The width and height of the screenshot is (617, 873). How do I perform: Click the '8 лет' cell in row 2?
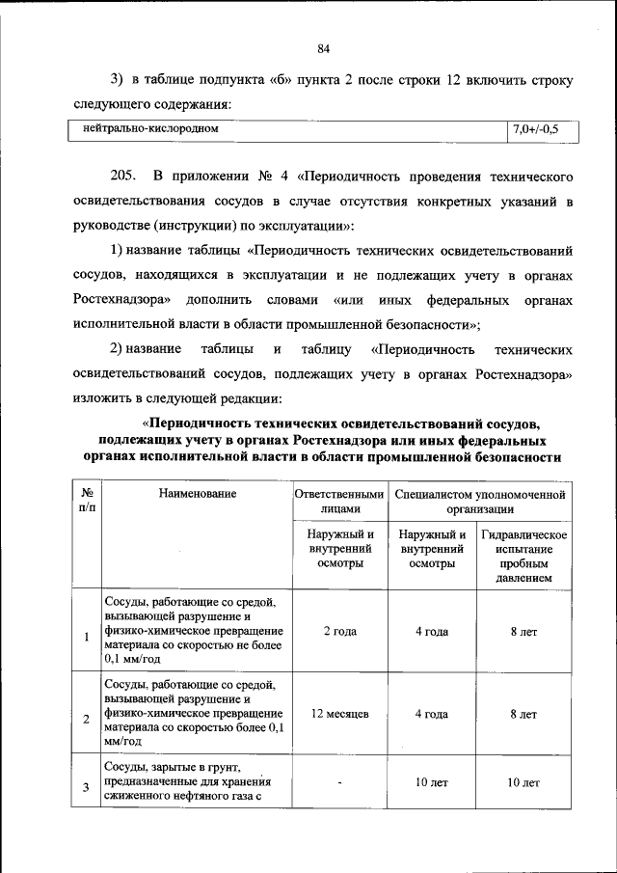(523, 715)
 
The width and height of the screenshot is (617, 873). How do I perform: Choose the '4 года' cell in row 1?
(431, 632)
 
